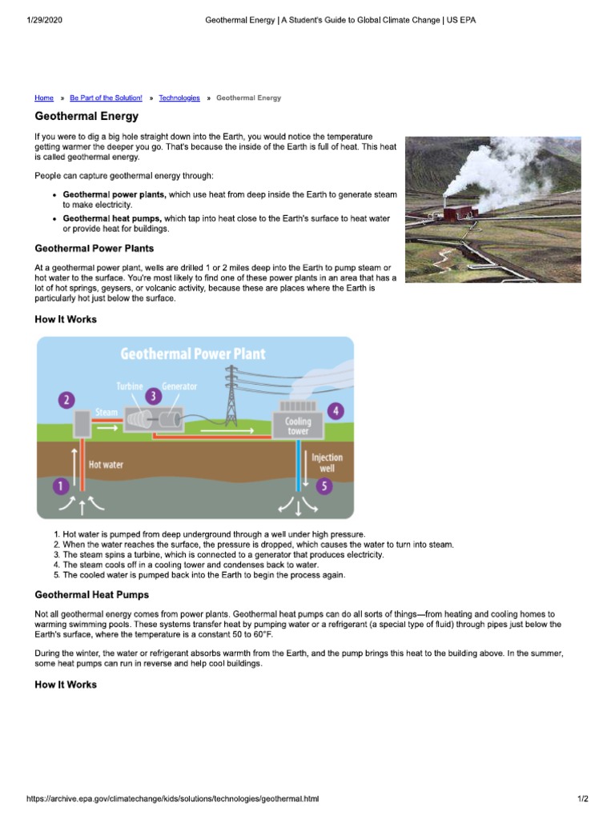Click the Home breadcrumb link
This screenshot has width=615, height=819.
[x=44, y=98]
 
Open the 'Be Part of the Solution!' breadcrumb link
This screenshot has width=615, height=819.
[x=106, y=98]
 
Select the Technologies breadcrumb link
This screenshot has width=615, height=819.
[x=179, y=98]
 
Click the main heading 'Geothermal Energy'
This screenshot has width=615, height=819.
[x=86, y=117]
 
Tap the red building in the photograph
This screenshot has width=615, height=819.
[x=457, y=214]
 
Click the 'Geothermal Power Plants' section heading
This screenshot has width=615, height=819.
[x=94, y=249]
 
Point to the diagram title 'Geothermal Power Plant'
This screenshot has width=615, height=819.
[x=193, y=354]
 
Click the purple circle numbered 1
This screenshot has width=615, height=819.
[x=58, y=485]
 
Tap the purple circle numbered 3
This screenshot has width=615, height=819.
[x=152, y=394]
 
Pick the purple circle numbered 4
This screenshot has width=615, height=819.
[x=336, y=411]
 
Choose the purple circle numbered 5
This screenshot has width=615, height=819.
[x=324, y=485]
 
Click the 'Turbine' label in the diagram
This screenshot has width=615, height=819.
[x=130, y=386]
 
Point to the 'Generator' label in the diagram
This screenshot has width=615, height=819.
[x=179, y=386]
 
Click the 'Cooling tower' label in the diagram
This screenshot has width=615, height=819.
[x=298, y=426]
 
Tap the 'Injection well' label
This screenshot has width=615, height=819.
[x=327, y=462]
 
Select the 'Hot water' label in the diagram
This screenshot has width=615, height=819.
[x=106, y=465]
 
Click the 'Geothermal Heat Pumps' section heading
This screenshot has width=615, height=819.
[x=92, y=595]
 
